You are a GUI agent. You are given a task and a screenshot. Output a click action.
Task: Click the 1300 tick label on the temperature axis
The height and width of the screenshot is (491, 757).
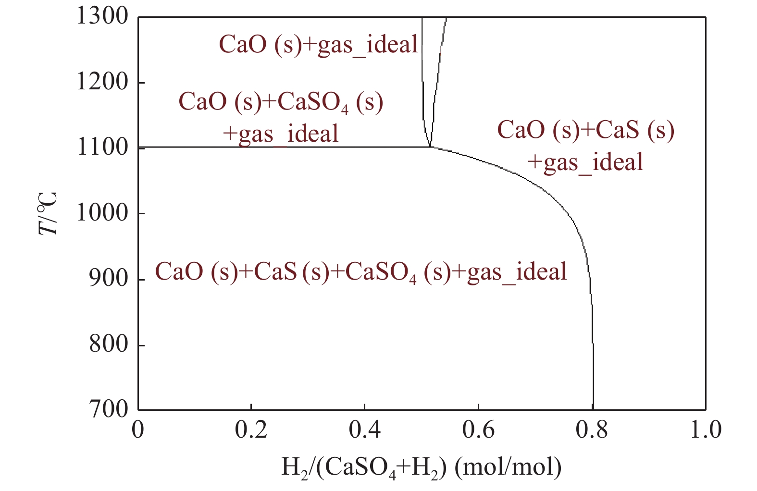click(102, 17)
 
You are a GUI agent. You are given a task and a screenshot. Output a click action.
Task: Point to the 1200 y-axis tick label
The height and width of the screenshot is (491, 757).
click(102, 83)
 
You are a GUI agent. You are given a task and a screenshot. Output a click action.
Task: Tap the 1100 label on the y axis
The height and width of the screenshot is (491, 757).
click(102, 147)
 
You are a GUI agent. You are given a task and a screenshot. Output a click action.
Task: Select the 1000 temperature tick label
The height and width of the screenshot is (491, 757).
click(102, 213)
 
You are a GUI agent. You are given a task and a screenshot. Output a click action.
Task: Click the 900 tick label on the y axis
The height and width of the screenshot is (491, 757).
click(109, 279)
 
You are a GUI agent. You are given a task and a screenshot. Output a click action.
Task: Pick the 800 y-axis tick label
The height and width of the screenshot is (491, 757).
click(109, 344)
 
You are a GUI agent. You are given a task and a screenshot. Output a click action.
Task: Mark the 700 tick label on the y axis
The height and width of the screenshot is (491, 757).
click(109, 410)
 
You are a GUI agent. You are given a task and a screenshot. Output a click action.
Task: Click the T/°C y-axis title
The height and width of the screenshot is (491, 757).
click(49, 213)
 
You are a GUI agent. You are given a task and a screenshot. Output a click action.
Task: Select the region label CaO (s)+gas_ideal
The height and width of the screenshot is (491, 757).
click(318, 45)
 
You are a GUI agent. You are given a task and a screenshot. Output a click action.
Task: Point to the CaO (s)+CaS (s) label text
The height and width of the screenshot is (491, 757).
click(585, 131)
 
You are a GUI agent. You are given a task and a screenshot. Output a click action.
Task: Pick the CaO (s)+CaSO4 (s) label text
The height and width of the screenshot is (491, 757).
click(281, 102)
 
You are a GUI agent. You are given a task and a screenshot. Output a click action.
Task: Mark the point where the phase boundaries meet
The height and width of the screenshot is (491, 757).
click(430, 147)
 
